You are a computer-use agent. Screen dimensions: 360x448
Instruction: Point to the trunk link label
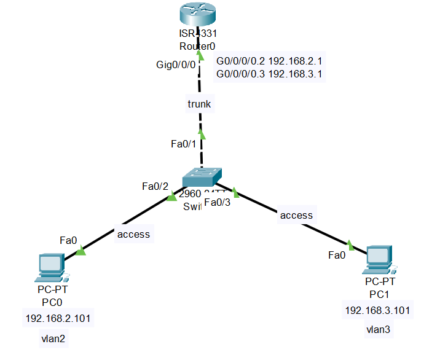[x=199, y=104]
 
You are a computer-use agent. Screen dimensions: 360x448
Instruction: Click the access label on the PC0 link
[x=133, y=234]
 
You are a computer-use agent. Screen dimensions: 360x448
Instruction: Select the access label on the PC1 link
[x=296, y=215]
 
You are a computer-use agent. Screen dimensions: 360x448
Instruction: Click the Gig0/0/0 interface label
[x=176, y=64]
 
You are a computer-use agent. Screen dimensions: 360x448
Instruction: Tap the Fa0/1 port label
[x=183, y=144]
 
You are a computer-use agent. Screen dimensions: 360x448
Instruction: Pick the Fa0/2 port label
[x=155, y=186]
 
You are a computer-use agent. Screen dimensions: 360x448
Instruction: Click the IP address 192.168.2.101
[x=58, y=319]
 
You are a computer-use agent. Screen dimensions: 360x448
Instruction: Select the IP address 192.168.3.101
[x=378, y=310]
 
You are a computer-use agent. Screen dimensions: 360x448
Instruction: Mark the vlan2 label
[x=54, y=338]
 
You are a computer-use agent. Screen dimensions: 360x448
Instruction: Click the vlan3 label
[x=378, y=330]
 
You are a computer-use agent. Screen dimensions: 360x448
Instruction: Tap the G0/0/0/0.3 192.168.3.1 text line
[x=270, y=74]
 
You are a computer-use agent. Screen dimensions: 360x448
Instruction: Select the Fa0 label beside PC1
[x=337, y=255]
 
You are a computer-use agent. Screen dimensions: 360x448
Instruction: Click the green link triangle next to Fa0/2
[x=171, y=196]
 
